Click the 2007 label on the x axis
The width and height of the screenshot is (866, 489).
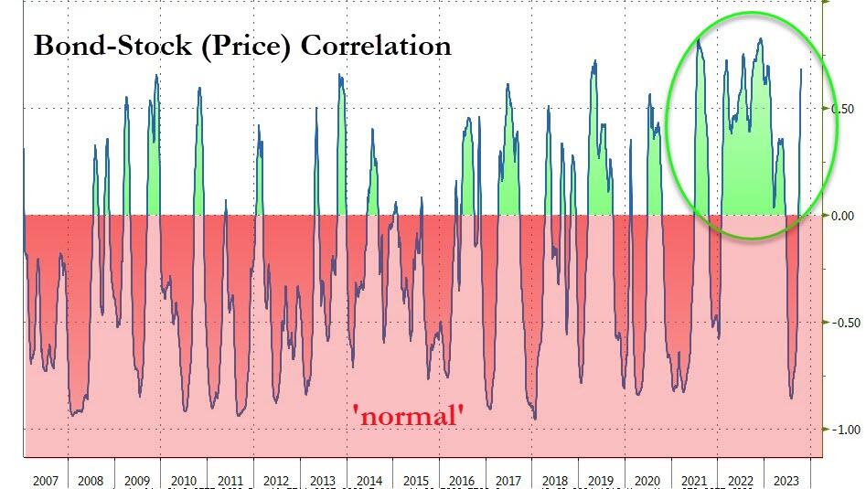click(x=46, y=480)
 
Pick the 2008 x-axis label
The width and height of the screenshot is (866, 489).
click(x=91, y=480)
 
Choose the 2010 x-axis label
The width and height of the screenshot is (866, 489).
click(x=183, y=480)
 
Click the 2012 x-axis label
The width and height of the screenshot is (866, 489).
click(x=276, y=480)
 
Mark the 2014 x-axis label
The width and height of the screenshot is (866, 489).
click(x=369, y=480)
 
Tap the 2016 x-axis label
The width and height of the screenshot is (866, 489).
click(x=462, y=480)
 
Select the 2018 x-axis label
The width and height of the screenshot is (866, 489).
click(x=555, y=480)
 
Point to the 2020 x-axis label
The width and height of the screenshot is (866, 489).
click(x=647, y=480)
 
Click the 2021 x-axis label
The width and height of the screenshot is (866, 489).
click(x=694, y=480)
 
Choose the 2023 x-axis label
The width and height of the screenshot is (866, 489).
click(x=786, y=480)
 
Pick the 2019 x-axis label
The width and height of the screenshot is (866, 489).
click(x=601, y=480)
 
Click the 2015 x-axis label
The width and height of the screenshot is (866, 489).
click(x=415, y=480)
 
